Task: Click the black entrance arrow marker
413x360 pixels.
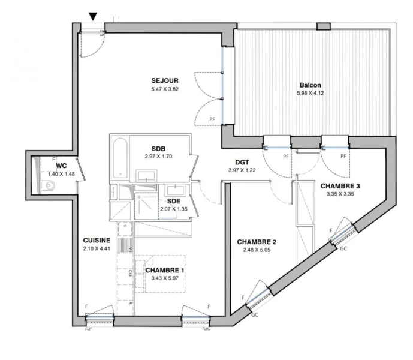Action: pyautogui.click(x=93, y=16)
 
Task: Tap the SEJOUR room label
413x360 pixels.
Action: pyautogui.click(x=165, y=81)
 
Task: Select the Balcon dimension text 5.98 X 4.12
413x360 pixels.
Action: pyautogui.click(x=310, y=93)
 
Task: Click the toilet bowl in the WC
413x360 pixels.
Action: pyautogui.click(x=50, y=185)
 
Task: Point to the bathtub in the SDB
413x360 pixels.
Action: pyautogui.click(x=120, y=157)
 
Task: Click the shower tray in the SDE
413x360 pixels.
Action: pyautogui.click(x=146, y=206)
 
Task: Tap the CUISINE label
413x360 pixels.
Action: pyautogui.click(x=97, y=241)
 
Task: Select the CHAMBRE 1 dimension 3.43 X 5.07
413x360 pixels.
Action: pyautogui.click(x=165, y=278)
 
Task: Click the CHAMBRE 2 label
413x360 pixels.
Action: pyautogui.click(x=257, y=242)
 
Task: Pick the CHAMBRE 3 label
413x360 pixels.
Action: pyautogui.click(x=340, y=186)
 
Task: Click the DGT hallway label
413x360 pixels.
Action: pyautogui.click(x=242, y=163)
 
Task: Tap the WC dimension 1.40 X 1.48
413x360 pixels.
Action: pyautogui.click(x=61, y=174)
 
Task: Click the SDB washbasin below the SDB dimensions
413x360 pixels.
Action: pyautogui.click(x=146, y=176)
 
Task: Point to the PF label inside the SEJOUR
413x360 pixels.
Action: pyautogui.click(x=212, y=119)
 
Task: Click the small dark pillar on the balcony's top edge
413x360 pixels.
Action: pyautogui.click(x=324, y=26)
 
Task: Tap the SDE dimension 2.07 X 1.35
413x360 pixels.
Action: pyautogui.click(x=174, y=209)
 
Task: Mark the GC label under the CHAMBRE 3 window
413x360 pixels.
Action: pyautogui.click(x=343, y=248)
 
